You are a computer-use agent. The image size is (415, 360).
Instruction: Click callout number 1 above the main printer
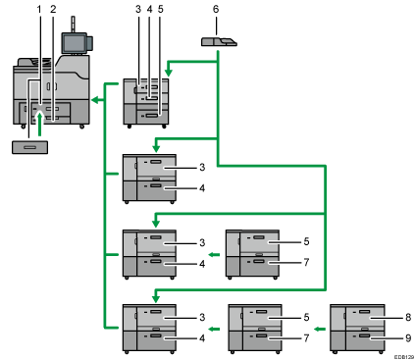click(38, 9)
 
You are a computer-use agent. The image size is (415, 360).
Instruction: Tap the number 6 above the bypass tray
click(216, 10)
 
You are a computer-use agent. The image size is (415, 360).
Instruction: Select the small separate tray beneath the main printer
click(29, 147)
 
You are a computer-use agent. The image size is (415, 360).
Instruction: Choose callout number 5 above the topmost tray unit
click(161, 10)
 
